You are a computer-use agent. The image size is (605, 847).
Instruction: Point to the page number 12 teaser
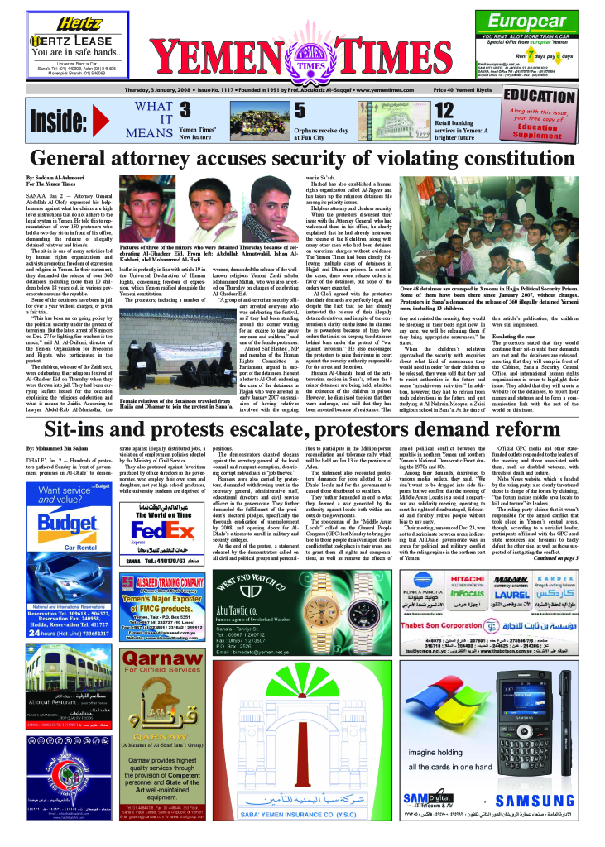(x=444, y=110)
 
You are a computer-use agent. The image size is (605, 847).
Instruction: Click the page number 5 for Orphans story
(x=300, y=110)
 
